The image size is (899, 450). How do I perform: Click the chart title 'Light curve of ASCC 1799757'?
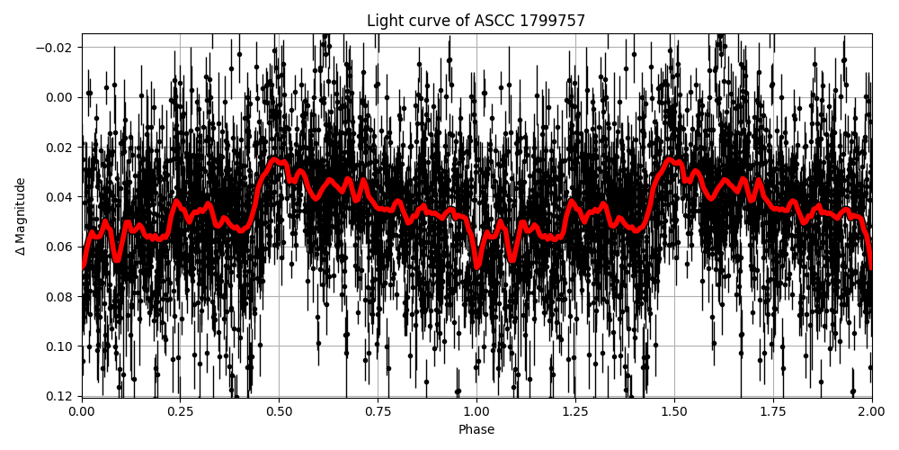click(476, 21)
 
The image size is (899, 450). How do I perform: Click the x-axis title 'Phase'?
click(476, 430)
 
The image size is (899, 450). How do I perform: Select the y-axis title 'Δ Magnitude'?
click(21, 216)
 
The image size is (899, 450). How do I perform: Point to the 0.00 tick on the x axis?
click(82, 411)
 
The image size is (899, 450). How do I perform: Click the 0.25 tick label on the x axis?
click(181, 411)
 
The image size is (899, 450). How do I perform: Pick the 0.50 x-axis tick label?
click(280, 411)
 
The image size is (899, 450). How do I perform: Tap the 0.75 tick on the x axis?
click(378, 411)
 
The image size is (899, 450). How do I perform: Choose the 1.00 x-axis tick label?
click(476, 411)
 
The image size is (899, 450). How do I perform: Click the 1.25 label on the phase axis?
click(575, 411)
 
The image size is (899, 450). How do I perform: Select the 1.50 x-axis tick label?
click(674, 411)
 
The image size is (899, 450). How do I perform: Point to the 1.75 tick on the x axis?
click(773, 411)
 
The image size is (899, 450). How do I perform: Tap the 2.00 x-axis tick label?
click(871, 411)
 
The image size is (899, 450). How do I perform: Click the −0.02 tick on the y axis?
click(58, 48)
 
